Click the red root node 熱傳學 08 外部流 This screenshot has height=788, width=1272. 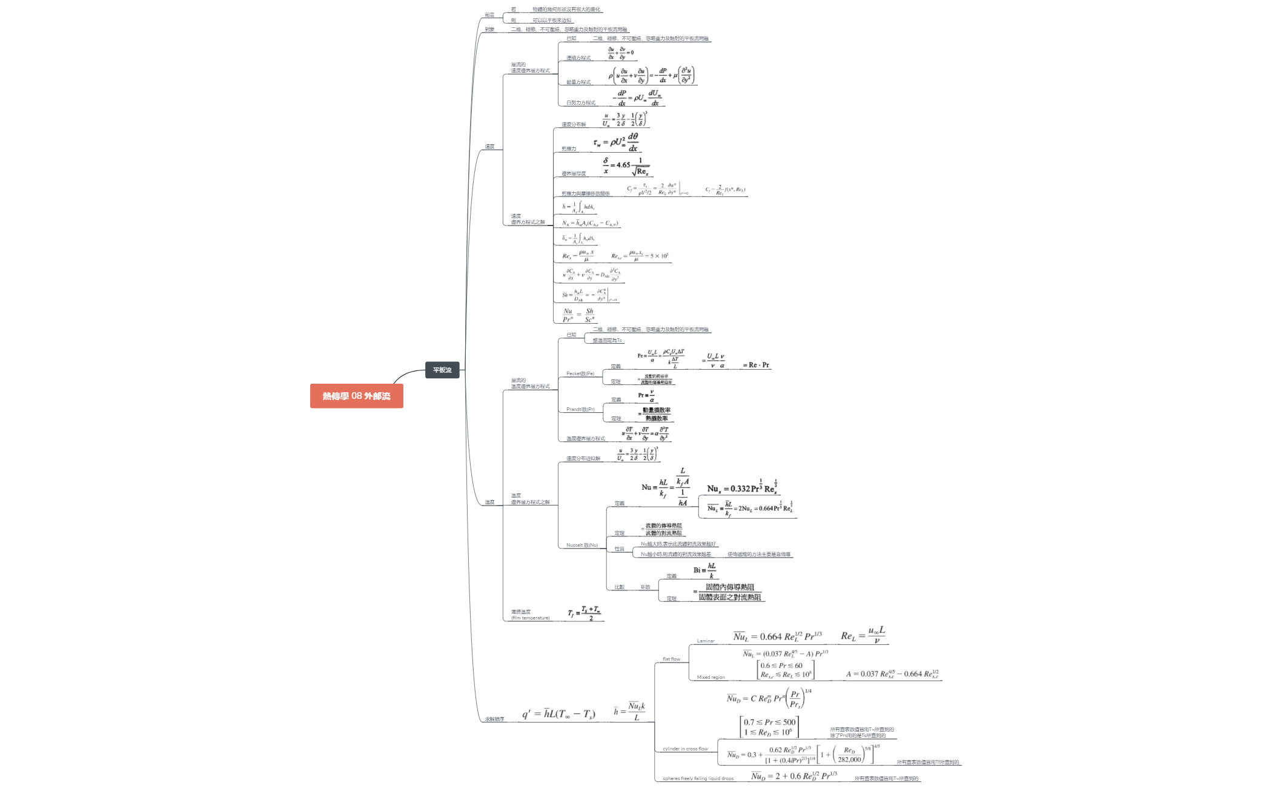pyautogui.click(x=356, y=396)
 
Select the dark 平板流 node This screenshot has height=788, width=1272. pyautogui.click(x=442, y=370)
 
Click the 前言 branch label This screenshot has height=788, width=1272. pyautogui.click(x=489, y=15)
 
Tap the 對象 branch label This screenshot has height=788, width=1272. pyautogui.click(x=489, y=29)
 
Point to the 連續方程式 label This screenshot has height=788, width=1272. pyautogui.click(x=578, y=58)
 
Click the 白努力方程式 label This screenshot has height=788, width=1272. pyautogui.click(x=580, y=102)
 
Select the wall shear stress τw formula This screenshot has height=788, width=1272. pyautogui.click(x=616, y=142)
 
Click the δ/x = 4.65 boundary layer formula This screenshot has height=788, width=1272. pyautogui.click(x=626, y=165)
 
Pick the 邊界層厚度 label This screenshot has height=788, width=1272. pyautogui.click(x=573, y=173)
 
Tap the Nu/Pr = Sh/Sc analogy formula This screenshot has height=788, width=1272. pyautogui.click(x=578, y=315)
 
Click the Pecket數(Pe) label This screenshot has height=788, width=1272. pyautogui.click(x=580, y=373)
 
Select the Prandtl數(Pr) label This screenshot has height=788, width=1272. pyautogui.click(x=580, y=409)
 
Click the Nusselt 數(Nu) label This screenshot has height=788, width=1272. pyautogui.click(x=581, y=545)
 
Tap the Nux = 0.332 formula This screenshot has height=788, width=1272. pyautogui.click(x=742, y=487)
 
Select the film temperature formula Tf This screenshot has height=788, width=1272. pyautogui.click(x=584, y=613)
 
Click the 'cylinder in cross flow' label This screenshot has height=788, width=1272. pyautogui.click(x=684, y=749)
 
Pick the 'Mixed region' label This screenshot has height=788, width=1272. pyautogui.click(x=711, y=677)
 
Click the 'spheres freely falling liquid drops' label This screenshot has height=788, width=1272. pyautogui.click(x=698, y=778)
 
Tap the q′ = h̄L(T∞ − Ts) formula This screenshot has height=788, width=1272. pyautogui.click(x=558, y=713)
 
